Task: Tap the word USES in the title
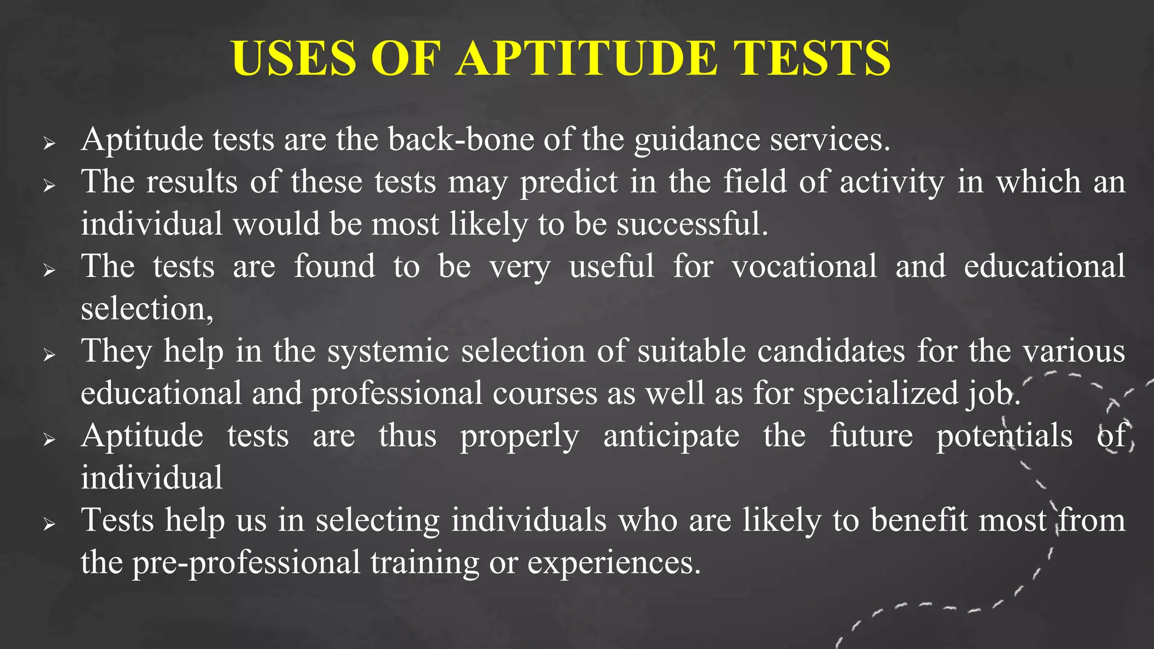click(x=294, y=58)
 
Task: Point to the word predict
click(x=569, y=182)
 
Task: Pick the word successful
click(x=692, y=224)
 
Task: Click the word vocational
click(x=804, y=266)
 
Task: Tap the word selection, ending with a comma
click(x=147, y=309)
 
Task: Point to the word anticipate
click(x=671, y=435)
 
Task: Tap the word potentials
click(x=1004, y=435)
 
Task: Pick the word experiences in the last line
click(x=614, y=562)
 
